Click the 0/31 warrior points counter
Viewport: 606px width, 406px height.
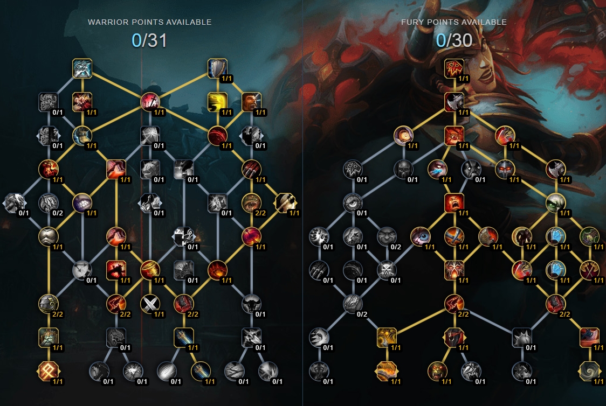tap(149, 40)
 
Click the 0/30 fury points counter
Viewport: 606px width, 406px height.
tap(454, 40)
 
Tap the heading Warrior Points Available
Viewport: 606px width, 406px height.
tap(149, 22)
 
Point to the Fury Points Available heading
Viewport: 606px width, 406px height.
tap(454, 22)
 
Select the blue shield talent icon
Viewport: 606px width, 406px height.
tap(217, 69)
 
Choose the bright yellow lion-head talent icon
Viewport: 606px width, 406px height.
tap(217, 102)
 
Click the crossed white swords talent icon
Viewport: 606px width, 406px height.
tap(150, 304)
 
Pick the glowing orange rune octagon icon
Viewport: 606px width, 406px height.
tap(49, 371)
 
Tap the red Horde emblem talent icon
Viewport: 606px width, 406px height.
tap(454, 69)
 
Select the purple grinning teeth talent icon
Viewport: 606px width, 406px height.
tap(82, 203)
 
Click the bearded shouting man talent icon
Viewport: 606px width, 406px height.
tap(251, 102)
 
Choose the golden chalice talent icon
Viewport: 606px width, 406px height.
tap(150, 270)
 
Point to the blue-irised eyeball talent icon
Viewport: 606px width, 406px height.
tap(420, 236)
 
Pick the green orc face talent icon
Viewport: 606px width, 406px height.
tap(437, 371)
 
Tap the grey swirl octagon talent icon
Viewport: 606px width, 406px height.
tap(589, 371)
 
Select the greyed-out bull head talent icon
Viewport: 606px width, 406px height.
tap(251, 304)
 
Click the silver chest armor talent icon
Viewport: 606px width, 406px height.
tap(49, 236)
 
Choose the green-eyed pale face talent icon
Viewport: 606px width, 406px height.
tap(555, 203)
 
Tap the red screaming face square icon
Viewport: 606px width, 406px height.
tap(454, 203)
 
